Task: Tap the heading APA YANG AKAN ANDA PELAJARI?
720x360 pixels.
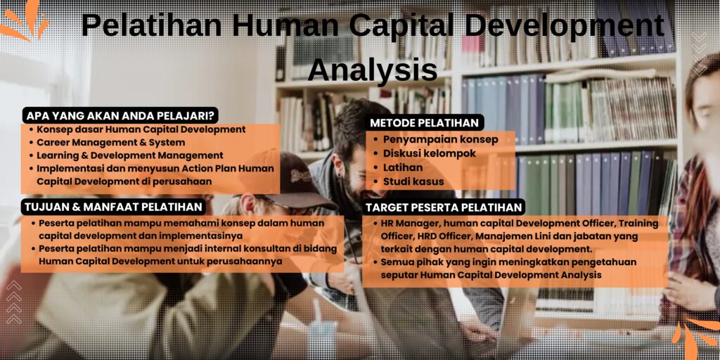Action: coord(120,115)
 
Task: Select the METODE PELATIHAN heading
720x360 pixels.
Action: coord(424,122)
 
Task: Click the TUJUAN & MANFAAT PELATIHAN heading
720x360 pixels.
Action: coord(115,207)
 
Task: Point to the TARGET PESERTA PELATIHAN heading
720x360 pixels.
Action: coord(444,207)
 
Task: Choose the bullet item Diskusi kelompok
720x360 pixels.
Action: coord(429,153)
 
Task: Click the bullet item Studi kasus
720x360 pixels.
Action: coord(413,182)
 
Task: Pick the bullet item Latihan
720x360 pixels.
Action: coord(403,167)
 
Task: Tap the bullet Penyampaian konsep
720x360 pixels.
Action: coord(440,139)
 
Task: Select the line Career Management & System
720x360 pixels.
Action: coord(111,142)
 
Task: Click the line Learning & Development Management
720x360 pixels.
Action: coord(130,155)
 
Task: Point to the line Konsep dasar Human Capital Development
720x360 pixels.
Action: coord(141,129)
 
